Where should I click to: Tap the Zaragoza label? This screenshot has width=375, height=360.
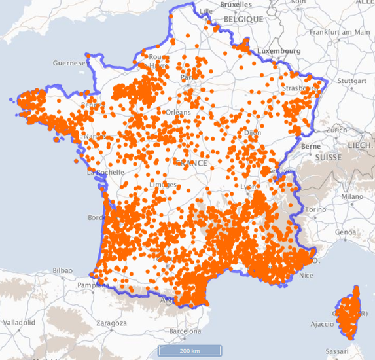coord(111,323)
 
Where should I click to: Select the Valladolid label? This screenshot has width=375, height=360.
coord(22,323)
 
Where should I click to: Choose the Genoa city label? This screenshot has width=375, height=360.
coord(346,232)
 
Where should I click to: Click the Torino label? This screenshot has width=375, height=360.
coord(315,209)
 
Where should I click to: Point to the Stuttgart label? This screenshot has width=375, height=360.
coord(353,82)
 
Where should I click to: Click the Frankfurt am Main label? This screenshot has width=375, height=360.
coord(340,31)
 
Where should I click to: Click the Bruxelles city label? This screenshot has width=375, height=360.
coord(236,4)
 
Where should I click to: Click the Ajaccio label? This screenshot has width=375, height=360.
coord(322,323)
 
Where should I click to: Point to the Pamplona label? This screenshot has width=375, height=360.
coord(85,286)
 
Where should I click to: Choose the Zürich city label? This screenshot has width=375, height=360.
coord(337,130)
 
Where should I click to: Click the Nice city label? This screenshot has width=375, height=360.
coord(306,276)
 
